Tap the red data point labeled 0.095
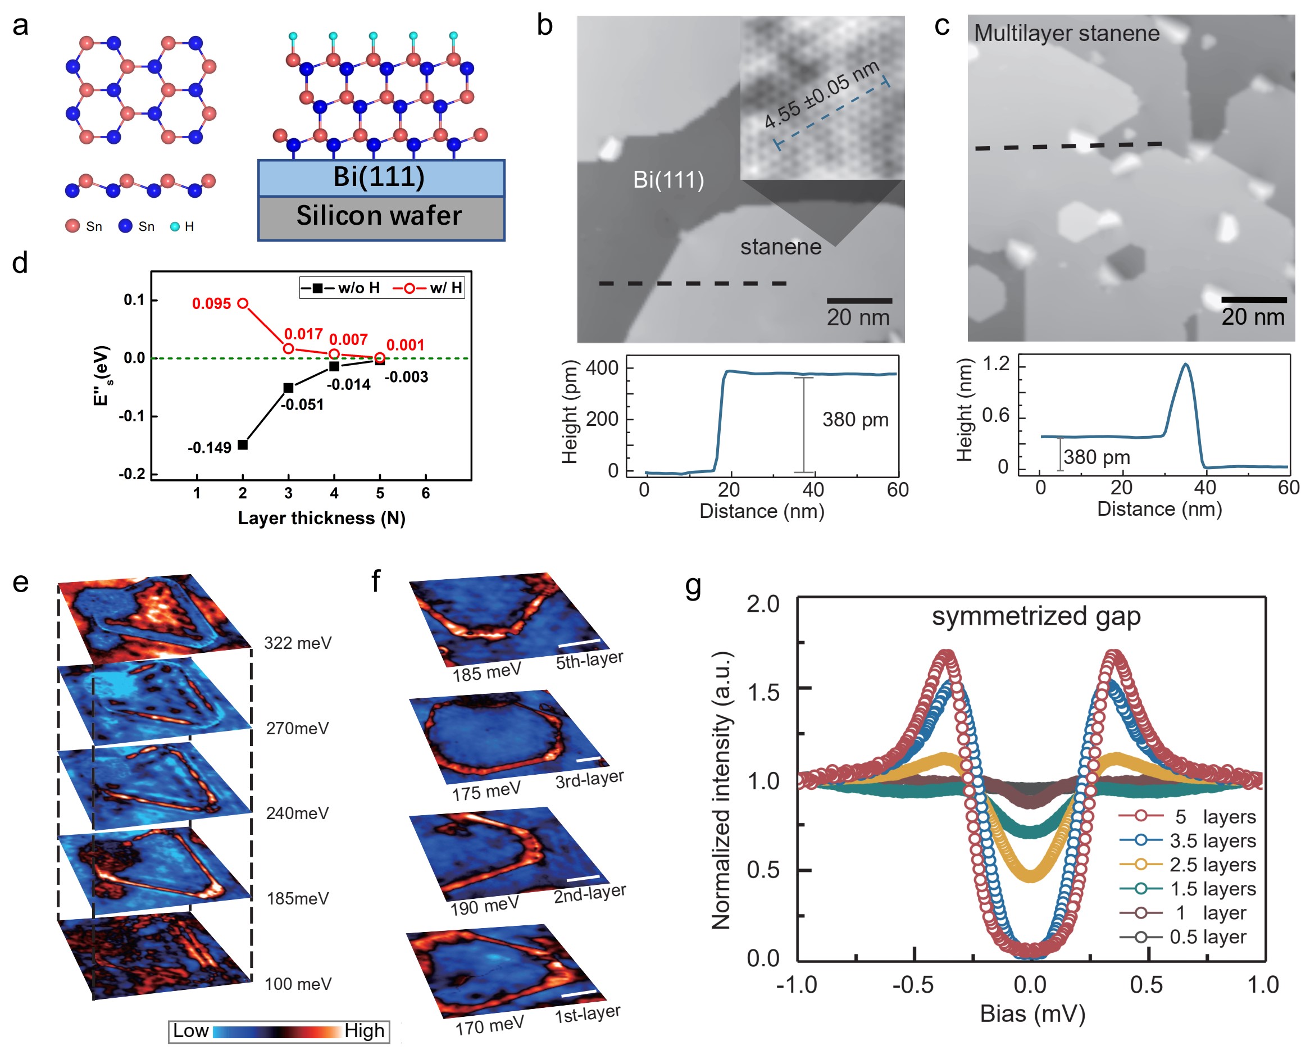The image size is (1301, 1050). (x=243, y=303)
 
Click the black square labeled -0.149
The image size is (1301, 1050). (x=243, y=444)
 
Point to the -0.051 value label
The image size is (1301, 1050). (x=302, y=404)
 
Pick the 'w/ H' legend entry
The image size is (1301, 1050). (x=429, y=288)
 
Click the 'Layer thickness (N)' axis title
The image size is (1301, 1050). (x=321, y=519)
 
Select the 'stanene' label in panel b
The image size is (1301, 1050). (x=780, y=247)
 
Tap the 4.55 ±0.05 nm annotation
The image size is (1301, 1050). (x=821, y=95)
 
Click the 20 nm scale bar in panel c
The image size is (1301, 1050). (x=1253, y=300)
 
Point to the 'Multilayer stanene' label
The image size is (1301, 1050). (x=1066, y=33)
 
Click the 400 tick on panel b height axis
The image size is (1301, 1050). (x=602, y=368)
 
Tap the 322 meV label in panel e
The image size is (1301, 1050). (x=298, y=642)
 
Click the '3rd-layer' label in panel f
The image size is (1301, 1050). (x=589, y=780)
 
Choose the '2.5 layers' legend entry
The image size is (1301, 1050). (x=1212, y=865)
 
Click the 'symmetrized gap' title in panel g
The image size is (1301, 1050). (x=1035, y=616)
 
